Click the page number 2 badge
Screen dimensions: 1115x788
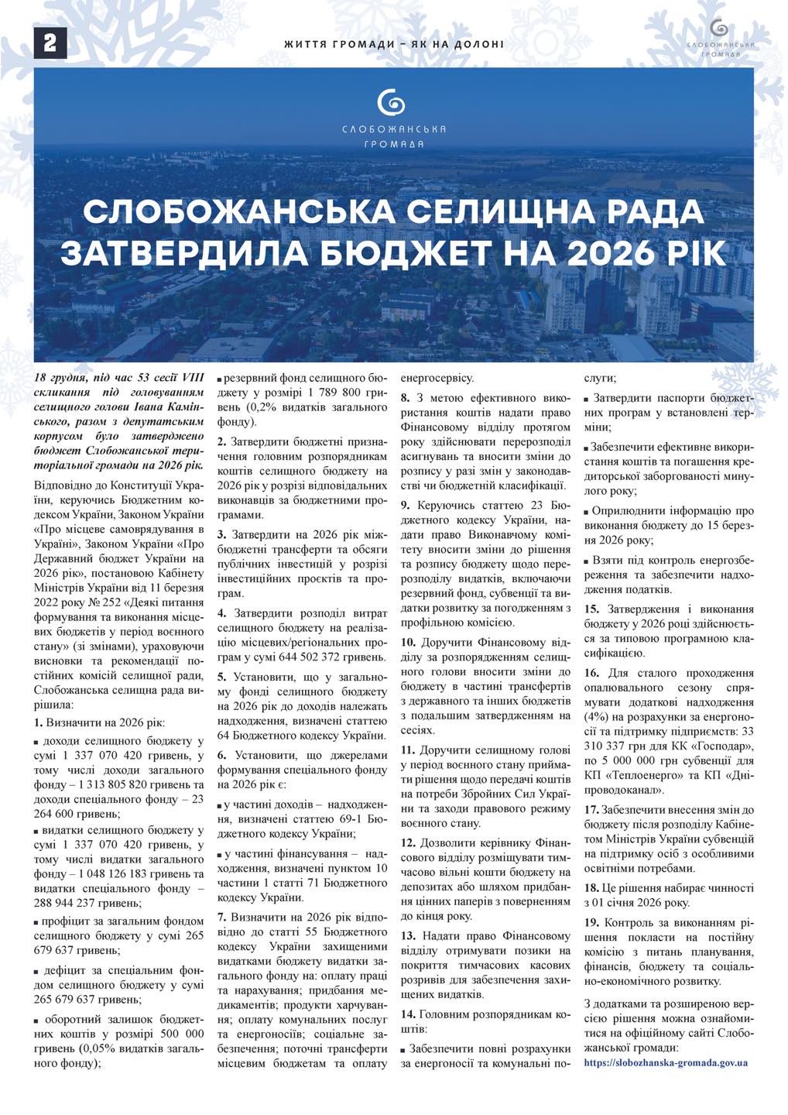coord(50,43)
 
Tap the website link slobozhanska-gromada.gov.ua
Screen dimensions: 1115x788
coord(666,1063)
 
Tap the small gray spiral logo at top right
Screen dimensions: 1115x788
coord(719,29)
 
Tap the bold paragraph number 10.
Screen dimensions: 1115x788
coord(409,642)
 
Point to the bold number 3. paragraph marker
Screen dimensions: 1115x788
coord(222,534)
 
